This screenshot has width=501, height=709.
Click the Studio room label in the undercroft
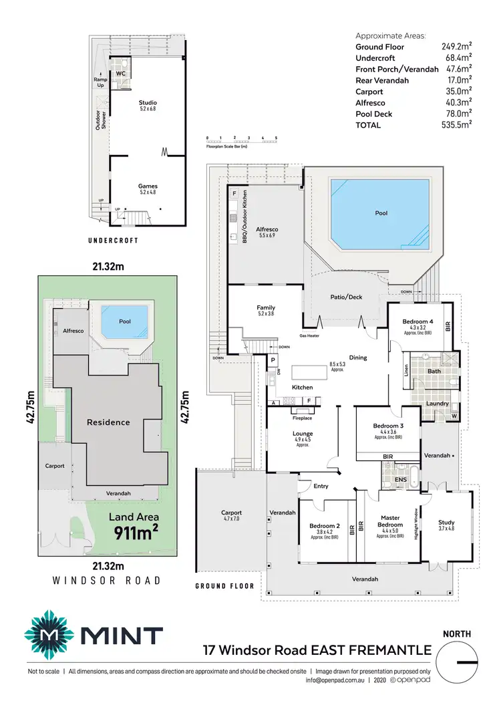pyautogui.click(x=148, y=106)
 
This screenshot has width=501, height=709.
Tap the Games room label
pyautogui.click(x=148, y=189)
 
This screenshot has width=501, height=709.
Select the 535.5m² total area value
pyautogui.click(x=458, y=124)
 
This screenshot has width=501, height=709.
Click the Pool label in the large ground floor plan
pyautogui.click(x=381, y=213)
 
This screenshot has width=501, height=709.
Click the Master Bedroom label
pyautogui.click(x=390, y=521)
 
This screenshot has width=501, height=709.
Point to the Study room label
pyautogui.click(x=446, y=525)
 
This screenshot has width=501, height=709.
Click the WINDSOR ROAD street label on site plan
pyautogui.click(x=107, y=581)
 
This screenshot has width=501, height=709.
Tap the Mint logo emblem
pyautogui.click(x=46, y=633)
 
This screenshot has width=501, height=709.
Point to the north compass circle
pyautogui.click(x=457, y=662)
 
